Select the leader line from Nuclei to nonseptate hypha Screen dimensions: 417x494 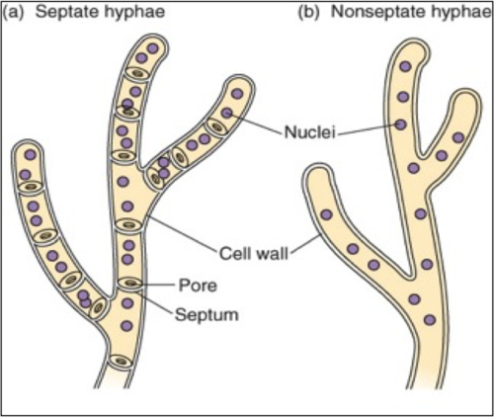370,126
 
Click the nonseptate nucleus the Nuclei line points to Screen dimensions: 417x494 400,125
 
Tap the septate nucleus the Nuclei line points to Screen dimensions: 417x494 227,114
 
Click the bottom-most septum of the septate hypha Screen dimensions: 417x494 122,363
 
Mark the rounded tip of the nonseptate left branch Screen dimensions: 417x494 318,178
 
